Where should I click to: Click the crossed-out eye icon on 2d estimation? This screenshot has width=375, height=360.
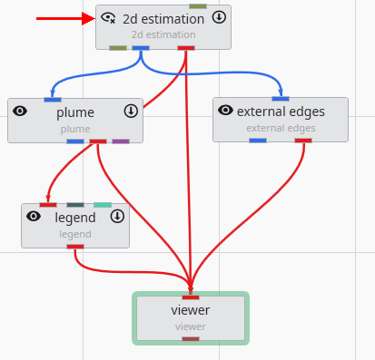click(109, 17)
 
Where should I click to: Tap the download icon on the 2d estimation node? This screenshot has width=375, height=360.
click(219, 17)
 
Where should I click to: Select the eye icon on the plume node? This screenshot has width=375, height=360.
click(21, 111)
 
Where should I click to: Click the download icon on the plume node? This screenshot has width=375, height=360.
click(131, 111)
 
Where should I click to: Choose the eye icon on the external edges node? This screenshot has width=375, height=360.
click(226, 111)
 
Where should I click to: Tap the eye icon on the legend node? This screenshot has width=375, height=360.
click(34, 217)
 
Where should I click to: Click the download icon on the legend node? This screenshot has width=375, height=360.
click(117, 217)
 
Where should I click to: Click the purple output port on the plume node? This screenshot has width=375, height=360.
click(121, 141)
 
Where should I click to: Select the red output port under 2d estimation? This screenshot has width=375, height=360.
click(186, 47)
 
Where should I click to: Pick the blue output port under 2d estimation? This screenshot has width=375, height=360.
click(141, 47)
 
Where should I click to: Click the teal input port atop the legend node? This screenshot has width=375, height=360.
click(103, 205)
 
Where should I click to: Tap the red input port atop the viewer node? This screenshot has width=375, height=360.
click(191, 297)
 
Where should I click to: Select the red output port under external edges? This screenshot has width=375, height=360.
click(303, 141)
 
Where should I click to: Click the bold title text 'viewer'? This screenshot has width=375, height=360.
click(191, 311)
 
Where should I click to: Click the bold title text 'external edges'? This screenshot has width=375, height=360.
click(281, 112)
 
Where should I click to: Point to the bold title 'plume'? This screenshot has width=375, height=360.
click(75, 112)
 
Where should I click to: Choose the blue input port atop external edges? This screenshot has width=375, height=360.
click(281, 98)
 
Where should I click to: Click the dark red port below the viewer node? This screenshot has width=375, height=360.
click(191, 339)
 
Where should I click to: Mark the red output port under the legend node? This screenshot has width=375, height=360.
click(75, 247)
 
